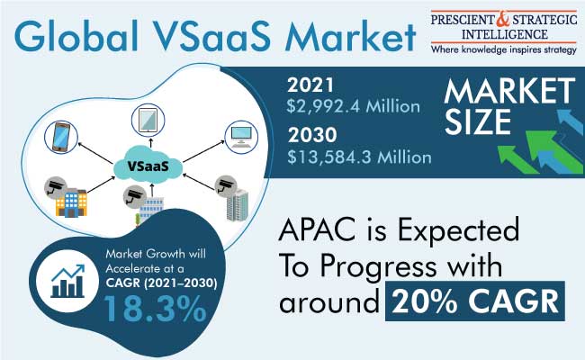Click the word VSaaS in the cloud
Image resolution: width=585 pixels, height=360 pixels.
148,166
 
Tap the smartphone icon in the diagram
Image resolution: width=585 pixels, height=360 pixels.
61,137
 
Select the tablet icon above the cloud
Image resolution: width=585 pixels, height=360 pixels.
148,120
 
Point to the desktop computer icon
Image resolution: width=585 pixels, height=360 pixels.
241,137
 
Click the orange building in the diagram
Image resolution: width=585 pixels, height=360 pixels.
71,202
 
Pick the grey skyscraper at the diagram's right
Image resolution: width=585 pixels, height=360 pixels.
238,205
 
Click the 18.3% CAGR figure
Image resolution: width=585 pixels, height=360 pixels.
154,309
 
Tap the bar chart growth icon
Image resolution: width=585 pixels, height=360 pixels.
67,282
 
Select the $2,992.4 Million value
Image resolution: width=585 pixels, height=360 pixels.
354,107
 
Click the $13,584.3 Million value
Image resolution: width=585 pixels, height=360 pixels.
359,157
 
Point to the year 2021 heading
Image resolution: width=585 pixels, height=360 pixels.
310,85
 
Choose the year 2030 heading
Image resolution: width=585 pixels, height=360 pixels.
312,135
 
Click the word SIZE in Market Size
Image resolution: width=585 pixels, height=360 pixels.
478,122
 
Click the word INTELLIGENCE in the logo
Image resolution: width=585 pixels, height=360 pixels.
504,35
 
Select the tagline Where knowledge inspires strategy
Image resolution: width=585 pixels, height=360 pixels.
504,49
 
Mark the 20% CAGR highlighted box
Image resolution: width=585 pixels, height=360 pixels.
475,301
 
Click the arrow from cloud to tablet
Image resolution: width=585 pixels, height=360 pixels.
150,143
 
